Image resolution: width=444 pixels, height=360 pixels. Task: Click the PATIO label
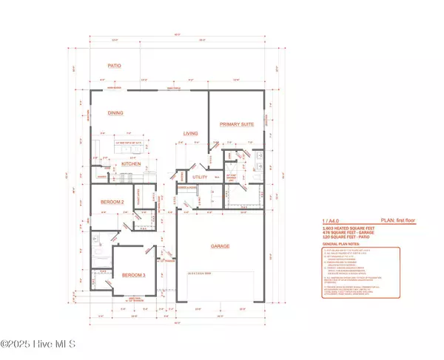114,66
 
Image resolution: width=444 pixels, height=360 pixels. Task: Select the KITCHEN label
121,163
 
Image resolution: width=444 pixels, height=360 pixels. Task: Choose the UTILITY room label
199,178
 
